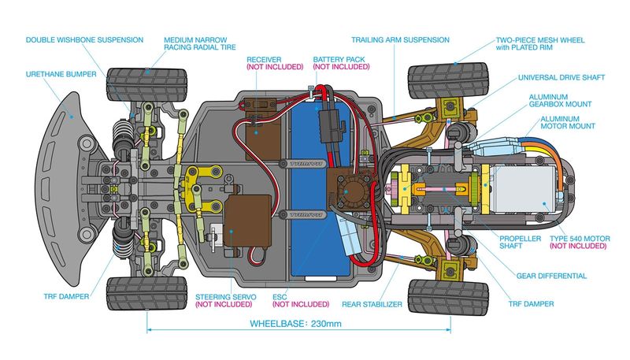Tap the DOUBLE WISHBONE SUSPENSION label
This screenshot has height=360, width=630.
[84, 39]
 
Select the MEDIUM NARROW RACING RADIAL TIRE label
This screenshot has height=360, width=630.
[199, 43]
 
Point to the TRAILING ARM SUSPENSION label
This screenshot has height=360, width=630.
[400, 39]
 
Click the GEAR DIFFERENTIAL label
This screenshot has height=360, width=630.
[551, 276]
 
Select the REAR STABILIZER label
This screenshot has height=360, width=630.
[372, 303]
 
